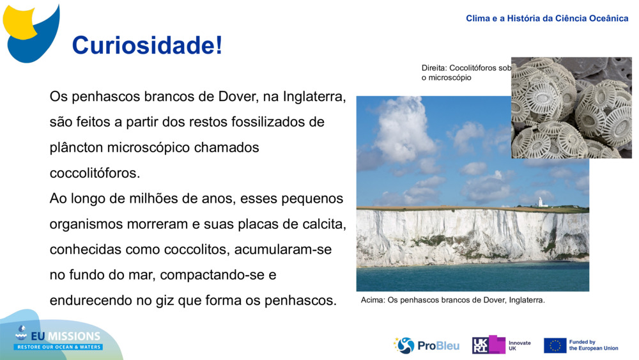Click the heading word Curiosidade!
point(147,45)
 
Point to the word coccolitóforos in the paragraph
point(94,173)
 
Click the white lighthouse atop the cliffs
point(540,202)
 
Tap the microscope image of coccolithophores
point(571,107)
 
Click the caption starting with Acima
point(452,300)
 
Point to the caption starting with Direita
point(466,72)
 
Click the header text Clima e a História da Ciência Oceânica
point(547,19)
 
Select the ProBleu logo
point(426,345)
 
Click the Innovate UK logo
point(501,345)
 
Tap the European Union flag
point(555,345)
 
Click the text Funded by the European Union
point(594,345)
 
